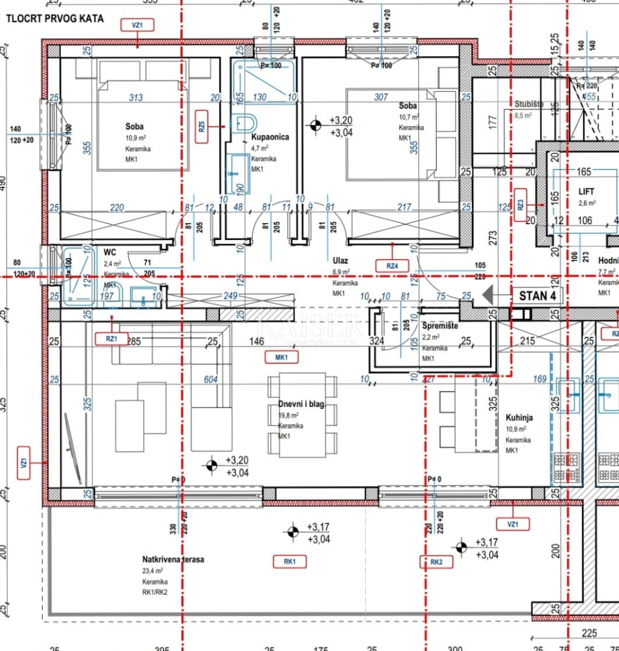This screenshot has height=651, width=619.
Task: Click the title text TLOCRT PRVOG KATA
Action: tap(55, 19)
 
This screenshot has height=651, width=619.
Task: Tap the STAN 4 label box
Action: tap(537, 295)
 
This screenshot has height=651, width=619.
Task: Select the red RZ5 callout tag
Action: tap(202, 127)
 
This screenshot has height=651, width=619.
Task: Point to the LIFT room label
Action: tap(586, 192)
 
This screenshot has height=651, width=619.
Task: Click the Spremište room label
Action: tap(439, 325)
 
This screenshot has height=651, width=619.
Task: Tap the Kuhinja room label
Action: tap(519, 417)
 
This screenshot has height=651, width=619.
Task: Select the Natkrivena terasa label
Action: tap(173, 559)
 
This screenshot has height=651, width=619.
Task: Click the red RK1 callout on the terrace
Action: tap(290, 561)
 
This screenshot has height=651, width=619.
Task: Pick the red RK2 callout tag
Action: tap(436, 562)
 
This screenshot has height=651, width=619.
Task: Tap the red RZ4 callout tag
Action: tap(392, 265)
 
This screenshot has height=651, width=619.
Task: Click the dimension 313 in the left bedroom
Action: tap(136, 97)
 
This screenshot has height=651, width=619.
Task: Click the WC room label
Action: tap(110, 251)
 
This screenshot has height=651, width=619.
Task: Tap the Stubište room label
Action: tap(529, 104)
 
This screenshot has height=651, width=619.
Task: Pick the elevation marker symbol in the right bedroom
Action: tap(314, 125)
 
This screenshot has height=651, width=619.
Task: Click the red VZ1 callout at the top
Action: tap(138, 25)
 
